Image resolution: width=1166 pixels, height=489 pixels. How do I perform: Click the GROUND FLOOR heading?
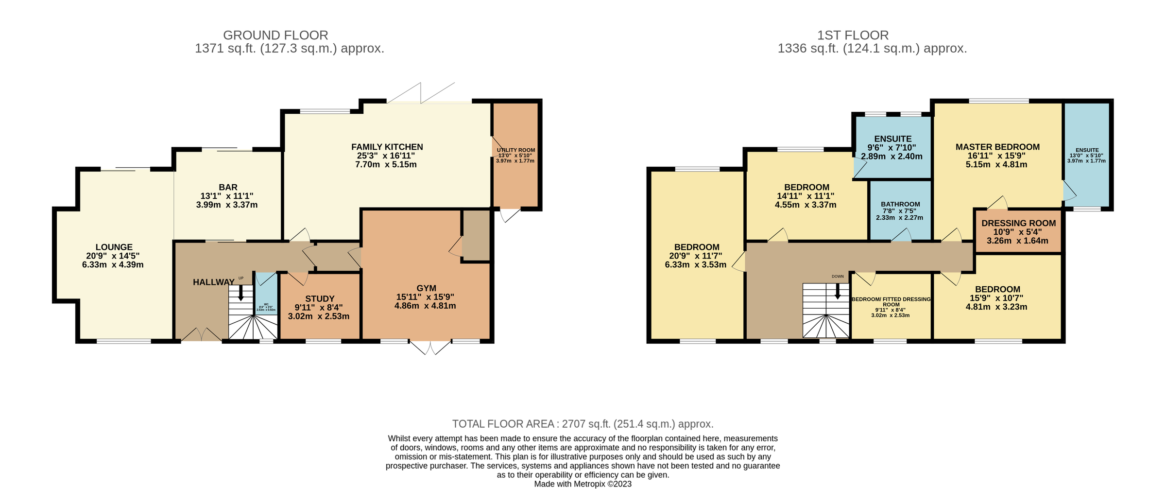tap(275, 35)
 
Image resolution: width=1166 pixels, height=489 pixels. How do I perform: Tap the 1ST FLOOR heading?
tap(853, 35)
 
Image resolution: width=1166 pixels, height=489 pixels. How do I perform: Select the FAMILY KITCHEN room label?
tap(387, 147)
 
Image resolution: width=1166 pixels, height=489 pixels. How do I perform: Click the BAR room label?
tap(228, 187)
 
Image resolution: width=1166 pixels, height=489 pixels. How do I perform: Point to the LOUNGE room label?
tap(114, 247)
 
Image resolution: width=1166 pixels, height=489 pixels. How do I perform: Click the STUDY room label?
tap(320, 298)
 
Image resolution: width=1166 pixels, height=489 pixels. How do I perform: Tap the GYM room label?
tap(426, 288)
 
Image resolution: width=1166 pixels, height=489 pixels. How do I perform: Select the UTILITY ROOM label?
tap(515, 150)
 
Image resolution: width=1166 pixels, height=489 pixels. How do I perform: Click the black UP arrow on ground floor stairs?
tap(240, 293)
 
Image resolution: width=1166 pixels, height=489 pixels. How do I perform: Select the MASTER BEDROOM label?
tap(997, 147)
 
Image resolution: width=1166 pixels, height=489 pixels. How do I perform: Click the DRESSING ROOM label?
tap(1018, 223)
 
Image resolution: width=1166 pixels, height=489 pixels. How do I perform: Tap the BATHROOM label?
tap(900, 204)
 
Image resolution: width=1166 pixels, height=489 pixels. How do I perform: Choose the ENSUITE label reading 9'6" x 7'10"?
tap(892, 139)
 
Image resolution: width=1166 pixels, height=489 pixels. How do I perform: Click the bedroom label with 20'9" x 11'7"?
tap(696, 247)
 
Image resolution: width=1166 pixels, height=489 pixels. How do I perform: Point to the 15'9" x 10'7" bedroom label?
tap(997, 289)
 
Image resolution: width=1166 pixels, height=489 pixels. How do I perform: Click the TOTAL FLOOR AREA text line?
tap(583, 424)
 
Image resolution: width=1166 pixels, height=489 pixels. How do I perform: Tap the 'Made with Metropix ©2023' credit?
tap(583, 484)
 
